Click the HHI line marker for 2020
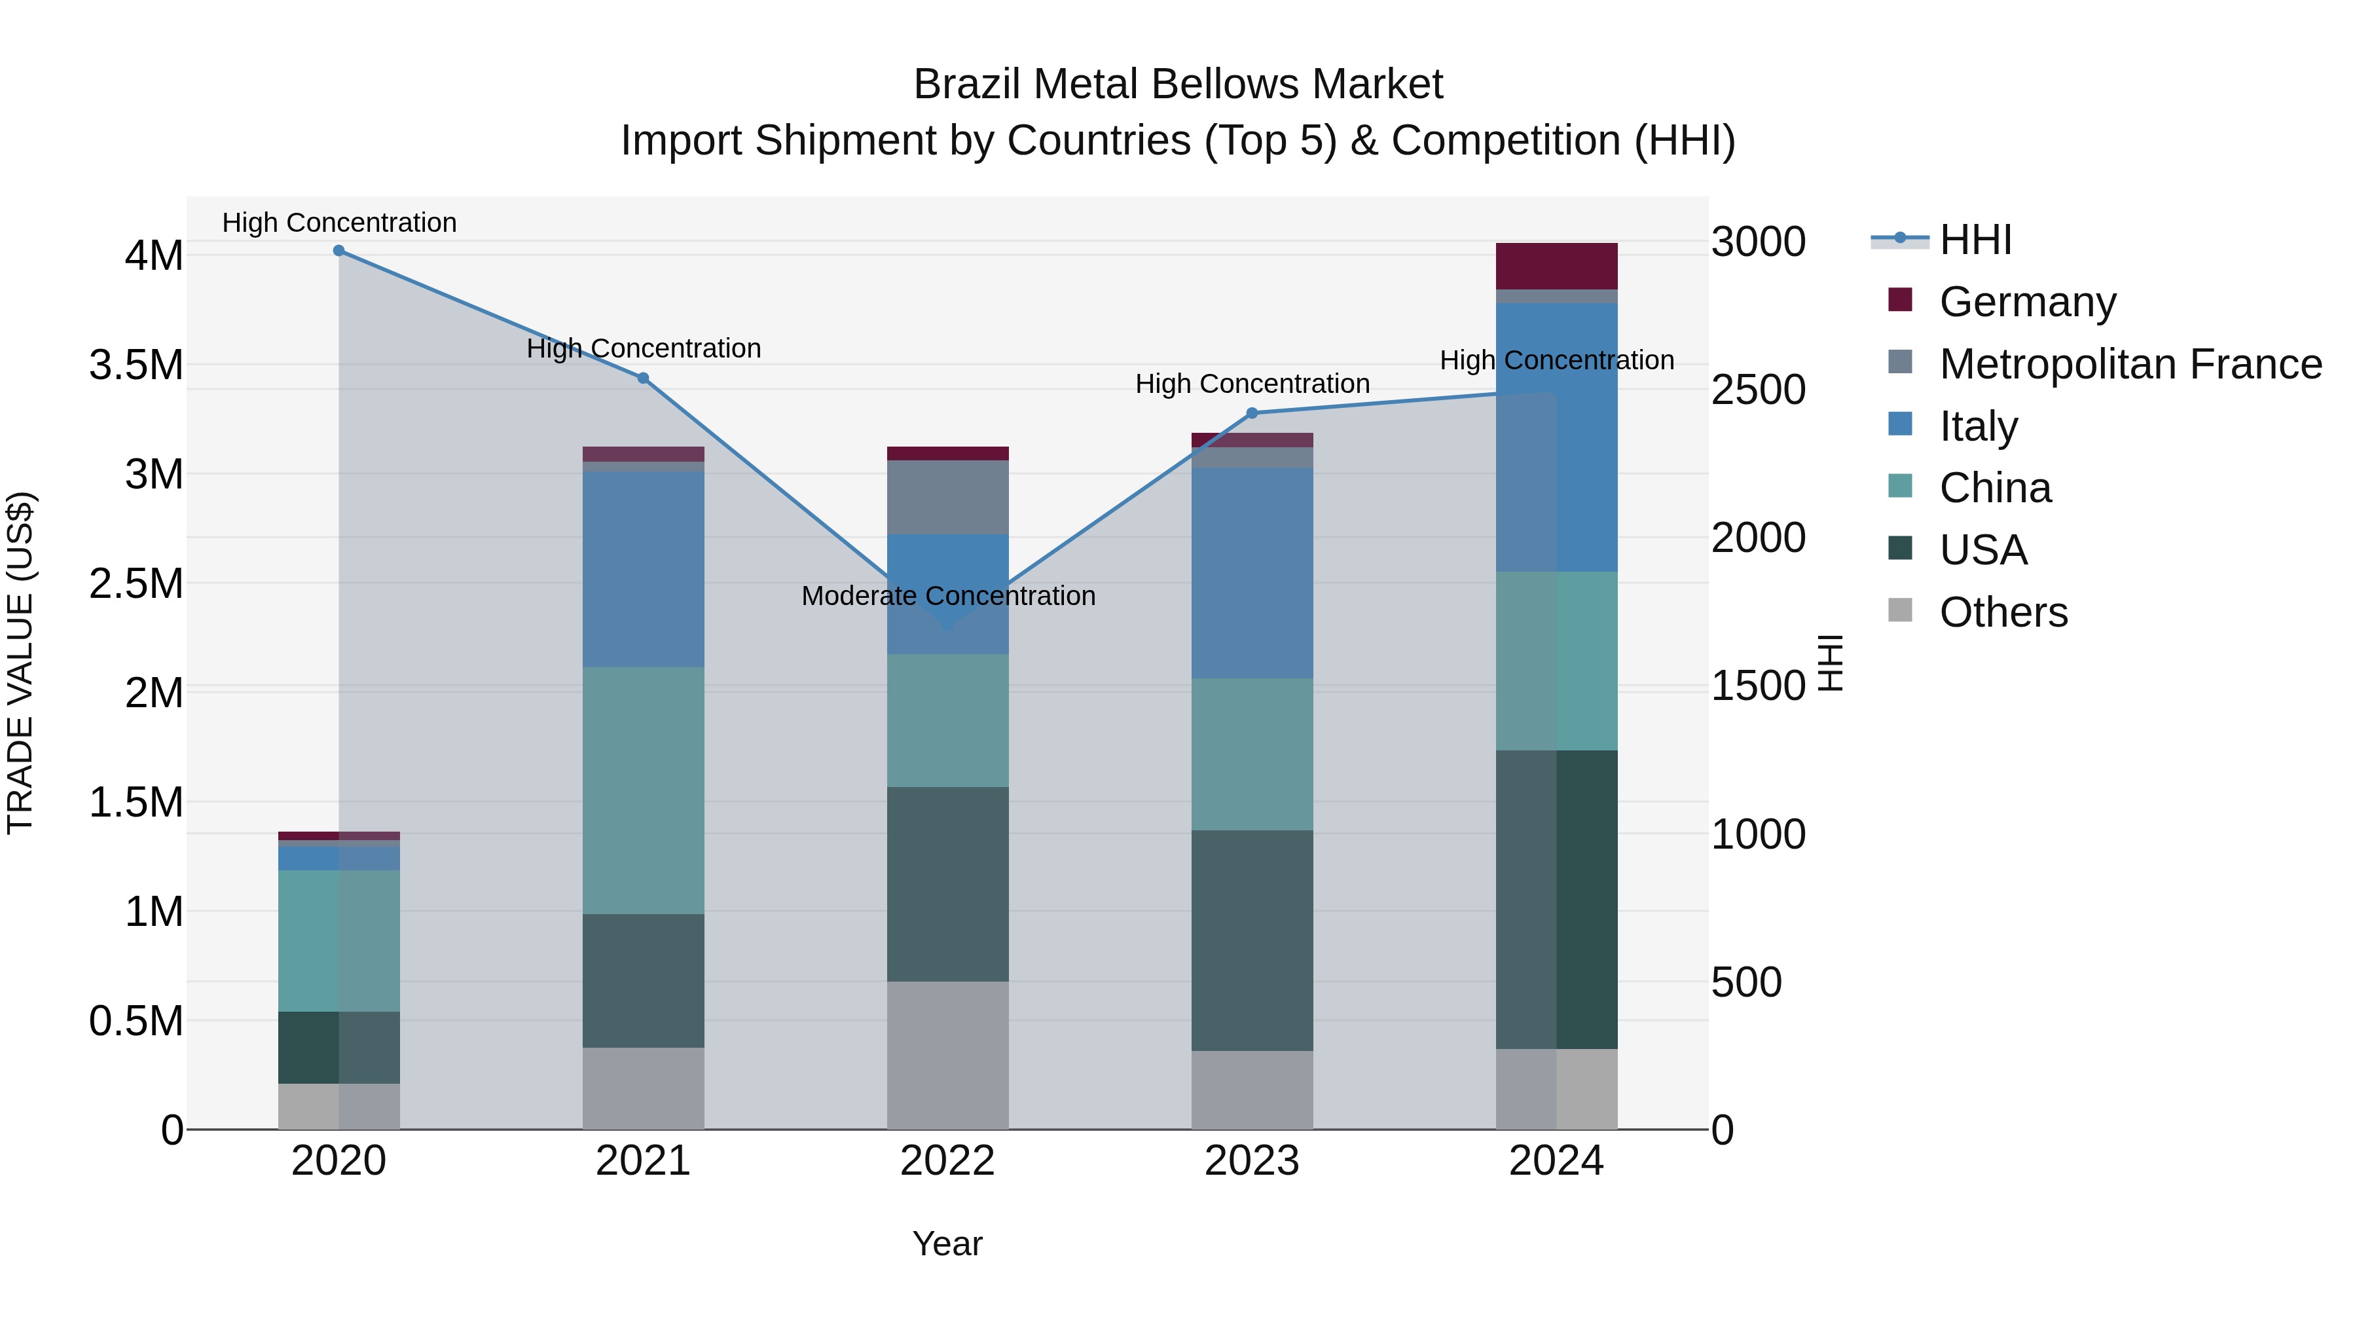[x=338, y=251]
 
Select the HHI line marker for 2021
[x=643, y=378]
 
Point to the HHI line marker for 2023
[x=1252, y=413]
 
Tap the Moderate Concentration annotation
[x=948, y=596]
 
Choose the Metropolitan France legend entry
[x=2130, y=364]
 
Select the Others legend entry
[x=2003, y=612]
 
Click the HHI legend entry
[x=1975, y=240]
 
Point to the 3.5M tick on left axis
[x=136, y=365]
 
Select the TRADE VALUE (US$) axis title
[x=21, y=663]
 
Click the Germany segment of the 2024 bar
[x=1556, y=267]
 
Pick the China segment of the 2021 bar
[x=643, y=790]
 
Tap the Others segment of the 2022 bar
[x=948, y=1055]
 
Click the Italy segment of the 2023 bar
[x=1252, y=573]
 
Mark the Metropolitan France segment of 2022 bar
[x=948, y=497]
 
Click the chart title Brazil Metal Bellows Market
[x=1178, y=84]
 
